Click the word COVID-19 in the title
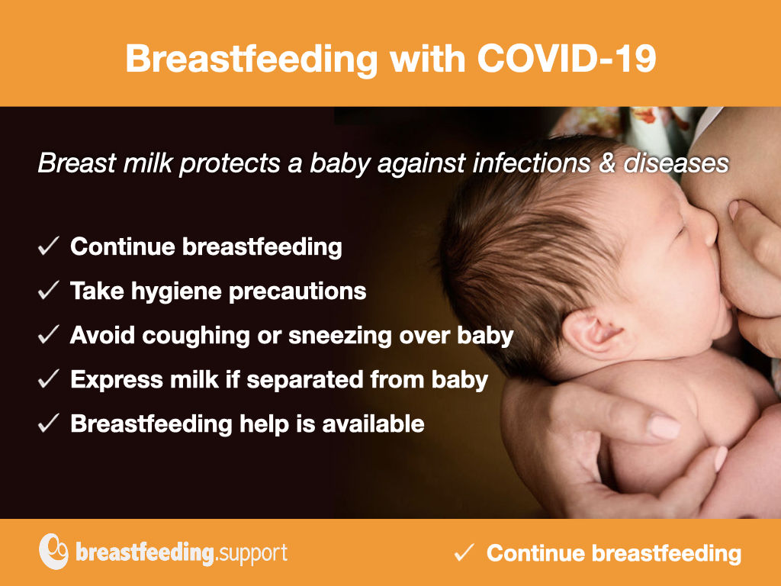point(567,58)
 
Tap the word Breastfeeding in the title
point(252,58)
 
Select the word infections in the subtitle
point(531,163)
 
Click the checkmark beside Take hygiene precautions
point(48,291)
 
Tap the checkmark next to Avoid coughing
point(48,335)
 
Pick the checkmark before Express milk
point(48,379)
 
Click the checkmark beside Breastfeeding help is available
point(48,423)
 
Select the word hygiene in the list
point(175,292)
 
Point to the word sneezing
point(339,336)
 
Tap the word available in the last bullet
point(373,423)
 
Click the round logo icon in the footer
point(53,552)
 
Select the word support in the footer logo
point(252,554)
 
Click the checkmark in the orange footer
point(464,552)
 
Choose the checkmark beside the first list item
point(48,246)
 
